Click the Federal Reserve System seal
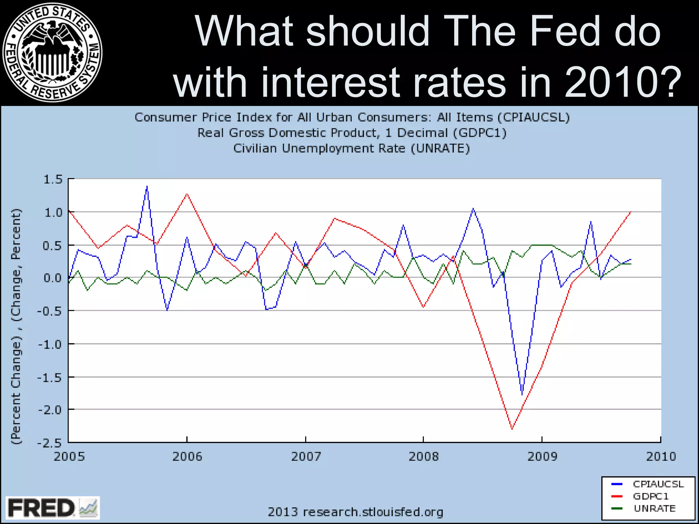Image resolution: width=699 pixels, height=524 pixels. (x=52, y=52)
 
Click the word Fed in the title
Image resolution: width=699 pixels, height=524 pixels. (x=565, y=31)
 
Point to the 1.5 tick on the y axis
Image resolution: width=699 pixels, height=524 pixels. (x=53, y=179)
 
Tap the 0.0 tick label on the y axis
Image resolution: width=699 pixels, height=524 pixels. (x=53, y=278)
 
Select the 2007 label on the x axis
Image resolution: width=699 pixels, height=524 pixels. (x=305, y=456)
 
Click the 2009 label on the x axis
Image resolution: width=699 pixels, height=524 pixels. (x=542, y=456)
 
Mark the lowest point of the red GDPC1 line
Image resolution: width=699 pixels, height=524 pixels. (x=512, y=429)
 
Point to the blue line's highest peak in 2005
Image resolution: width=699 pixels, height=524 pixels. (x=147, y=186)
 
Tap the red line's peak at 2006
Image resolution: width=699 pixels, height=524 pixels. (x=187, y=194)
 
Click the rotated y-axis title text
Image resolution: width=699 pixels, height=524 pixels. (x=16, y=326)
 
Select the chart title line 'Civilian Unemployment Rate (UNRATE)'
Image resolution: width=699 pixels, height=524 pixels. (x=352, y=148)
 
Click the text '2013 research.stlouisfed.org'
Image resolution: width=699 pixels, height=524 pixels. (x=355, y=512)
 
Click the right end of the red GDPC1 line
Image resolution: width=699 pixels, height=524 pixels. (x=630, y=212)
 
